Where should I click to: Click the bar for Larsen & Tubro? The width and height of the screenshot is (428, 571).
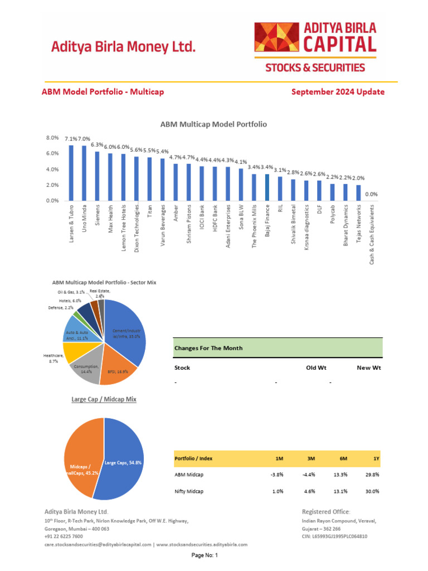click(71, 173)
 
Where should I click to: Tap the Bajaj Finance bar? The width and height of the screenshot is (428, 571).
click(267, 187)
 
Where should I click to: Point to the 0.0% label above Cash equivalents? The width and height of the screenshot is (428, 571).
click(371, 194)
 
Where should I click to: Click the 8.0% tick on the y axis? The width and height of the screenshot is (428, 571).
click(52, 138)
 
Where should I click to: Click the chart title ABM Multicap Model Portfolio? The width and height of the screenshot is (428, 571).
click(213, 124)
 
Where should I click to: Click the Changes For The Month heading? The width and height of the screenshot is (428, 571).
click(208, 348)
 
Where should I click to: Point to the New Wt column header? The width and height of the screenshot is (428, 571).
click(369, 368)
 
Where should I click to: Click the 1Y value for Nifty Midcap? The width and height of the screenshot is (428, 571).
click(372, 491)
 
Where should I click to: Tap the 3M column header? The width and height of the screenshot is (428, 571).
click(311, 458)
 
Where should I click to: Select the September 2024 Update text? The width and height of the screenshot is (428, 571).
click(338, 92)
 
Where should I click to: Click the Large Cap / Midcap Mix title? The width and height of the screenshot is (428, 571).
click(104, 399)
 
